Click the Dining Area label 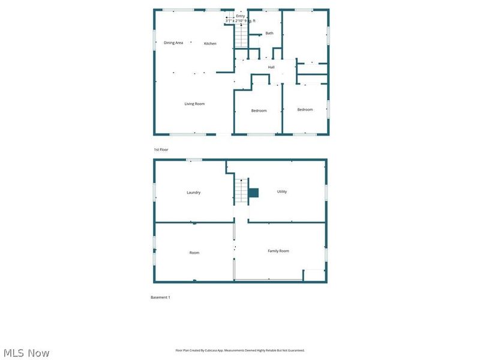(x=173, y=43)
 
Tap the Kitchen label (x=210, y=44)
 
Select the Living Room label (x=194, y=104)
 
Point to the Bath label (x=269, y=33)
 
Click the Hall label (x=271, y=67)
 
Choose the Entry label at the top (x=241, y=16)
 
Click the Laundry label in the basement (x=193, y=193)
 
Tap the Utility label (x=282, y=192)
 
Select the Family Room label (x=278, y=251)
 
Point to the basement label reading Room (x=194, y=253)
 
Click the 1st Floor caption (x=161, y=149)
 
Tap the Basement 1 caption (x=160, y=297)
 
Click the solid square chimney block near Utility (x=254, y=193)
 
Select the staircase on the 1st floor (x=241, y=37)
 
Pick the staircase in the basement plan (x=241, y=192)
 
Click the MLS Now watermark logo (x=26, y=353)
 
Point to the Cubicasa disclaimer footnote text (x=240, y=350)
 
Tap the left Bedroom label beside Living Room (x=259, y=110)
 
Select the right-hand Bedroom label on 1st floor (x=305, y=109)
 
